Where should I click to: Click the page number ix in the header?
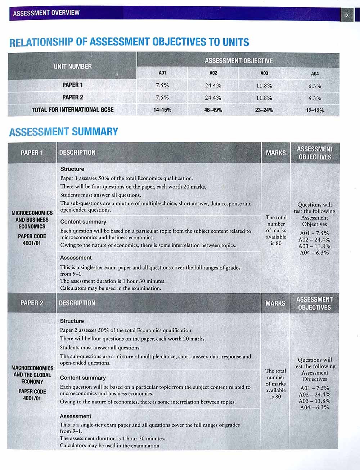pos(347,15)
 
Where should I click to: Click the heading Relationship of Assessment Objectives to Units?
pos(129,42)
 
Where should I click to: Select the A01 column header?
pos(162,73)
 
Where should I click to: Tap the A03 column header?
pos(264,73)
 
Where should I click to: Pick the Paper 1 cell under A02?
pos(213,86)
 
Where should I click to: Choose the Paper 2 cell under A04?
pos(315,98)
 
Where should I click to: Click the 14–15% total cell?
pos(162,110)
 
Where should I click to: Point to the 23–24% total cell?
pos(264,110)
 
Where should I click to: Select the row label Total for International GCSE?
pos(72,110)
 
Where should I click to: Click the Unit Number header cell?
pos(73,67)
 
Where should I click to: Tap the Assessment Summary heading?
pos(63,132)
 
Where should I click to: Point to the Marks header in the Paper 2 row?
pos(275,303)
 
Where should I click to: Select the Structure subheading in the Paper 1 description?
pos(72,169)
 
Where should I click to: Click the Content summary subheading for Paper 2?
pos(83,378)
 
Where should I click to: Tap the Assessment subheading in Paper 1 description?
pos(76,258)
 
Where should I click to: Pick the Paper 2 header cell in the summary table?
pos(32,303)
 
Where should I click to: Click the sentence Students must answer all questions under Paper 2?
pos(100,348)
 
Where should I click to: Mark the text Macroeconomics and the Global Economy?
pos(32,375)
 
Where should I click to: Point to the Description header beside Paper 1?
pos(77,153)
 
